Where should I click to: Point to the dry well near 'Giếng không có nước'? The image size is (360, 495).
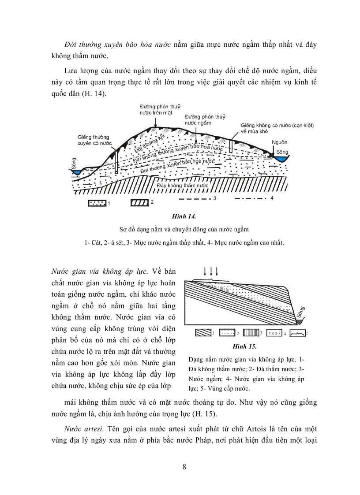click(x=231, y=145)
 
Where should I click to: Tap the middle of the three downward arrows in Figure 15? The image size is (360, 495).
click(x=210, y=270)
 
